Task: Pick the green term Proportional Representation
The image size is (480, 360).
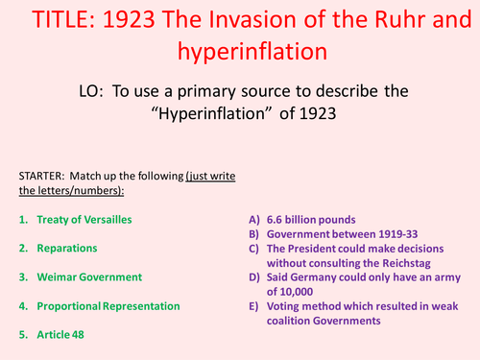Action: [108, 305]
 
